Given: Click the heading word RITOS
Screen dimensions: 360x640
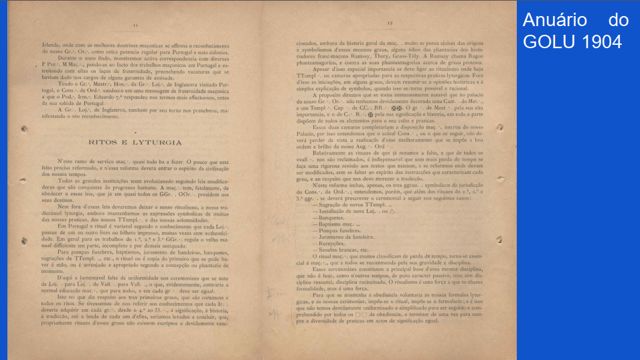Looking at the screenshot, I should pos(103,143).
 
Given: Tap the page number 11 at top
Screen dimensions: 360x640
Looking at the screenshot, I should pos(136,25).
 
